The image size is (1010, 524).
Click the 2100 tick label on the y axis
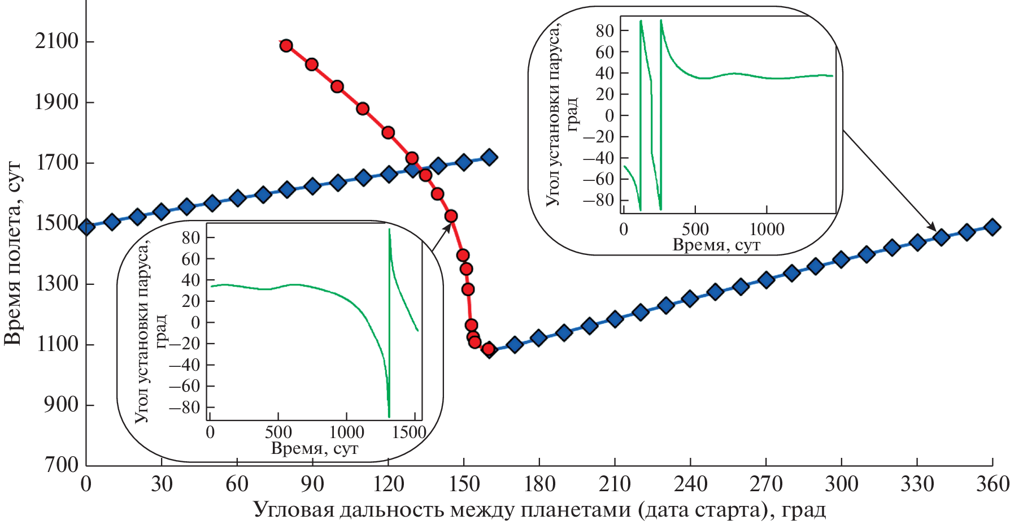click(56, 41)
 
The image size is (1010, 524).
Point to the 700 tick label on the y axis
click(61, 465)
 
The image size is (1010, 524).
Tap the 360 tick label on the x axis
click(992, 484)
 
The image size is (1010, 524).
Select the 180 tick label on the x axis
click(539, 484)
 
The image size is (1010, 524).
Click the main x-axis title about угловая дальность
click(539, 510)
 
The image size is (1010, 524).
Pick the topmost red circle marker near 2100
click(286, 46)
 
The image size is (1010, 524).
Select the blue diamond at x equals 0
click(86, 227)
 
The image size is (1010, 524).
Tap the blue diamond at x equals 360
click(992, 227)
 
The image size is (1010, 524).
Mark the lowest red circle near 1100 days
click(489, 349)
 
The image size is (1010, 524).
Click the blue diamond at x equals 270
click(766, 280)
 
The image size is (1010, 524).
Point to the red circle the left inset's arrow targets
click(451, 216)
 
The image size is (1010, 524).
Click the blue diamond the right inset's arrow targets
click(941, 237)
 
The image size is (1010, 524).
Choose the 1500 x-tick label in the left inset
click(409, 433)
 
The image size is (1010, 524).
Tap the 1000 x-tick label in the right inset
click(767, 229)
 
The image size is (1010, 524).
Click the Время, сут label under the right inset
click(716, 245)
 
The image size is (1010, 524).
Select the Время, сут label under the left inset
click(315, 449)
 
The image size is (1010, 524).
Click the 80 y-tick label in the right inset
click(604, 31)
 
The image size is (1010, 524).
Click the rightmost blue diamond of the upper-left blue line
click(490, 158)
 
